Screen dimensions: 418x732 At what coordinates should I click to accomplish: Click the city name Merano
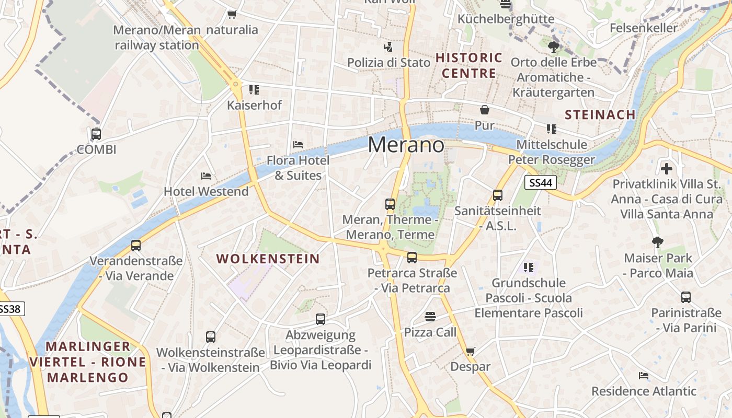tap(406, 145)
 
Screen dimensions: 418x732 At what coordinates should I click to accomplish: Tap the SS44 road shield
tap(540, 182)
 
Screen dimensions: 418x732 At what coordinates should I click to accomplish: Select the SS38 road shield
tap(10, 309)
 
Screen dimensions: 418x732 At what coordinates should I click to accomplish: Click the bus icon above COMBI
tap(96, 134)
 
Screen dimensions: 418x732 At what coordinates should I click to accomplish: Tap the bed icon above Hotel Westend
tap(206, 176)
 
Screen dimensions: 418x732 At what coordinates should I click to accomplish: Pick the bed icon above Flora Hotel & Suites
tap(298, 144)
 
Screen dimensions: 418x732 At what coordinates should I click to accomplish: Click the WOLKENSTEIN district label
tap(268, 259)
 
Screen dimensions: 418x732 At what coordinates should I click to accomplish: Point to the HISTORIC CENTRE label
tap(468, 65)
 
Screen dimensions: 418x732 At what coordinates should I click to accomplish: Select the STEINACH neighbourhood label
tap(600, 114)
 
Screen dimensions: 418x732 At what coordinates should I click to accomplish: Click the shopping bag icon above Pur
tap(485, 110)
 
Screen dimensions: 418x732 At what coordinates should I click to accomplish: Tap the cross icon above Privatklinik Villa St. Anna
tap(666, 169)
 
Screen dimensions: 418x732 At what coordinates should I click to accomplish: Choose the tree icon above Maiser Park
tap(658, 242)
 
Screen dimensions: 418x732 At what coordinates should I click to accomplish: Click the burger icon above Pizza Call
tap(430, 316)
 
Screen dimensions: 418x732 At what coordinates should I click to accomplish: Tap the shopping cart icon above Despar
tap(470, 351)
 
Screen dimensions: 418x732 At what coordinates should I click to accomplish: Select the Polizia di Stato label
tap(389, 62)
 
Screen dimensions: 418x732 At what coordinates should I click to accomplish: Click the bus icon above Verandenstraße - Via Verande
tap(136, 245)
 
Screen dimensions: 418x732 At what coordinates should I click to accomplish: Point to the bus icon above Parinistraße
tap(686, 297)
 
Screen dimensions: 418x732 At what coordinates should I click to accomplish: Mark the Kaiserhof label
tap(254, 105)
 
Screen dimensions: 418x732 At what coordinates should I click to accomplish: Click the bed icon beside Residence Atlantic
tap(644, 375)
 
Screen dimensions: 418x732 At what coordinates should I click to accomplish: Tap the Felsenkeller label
tap(643, 28)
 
